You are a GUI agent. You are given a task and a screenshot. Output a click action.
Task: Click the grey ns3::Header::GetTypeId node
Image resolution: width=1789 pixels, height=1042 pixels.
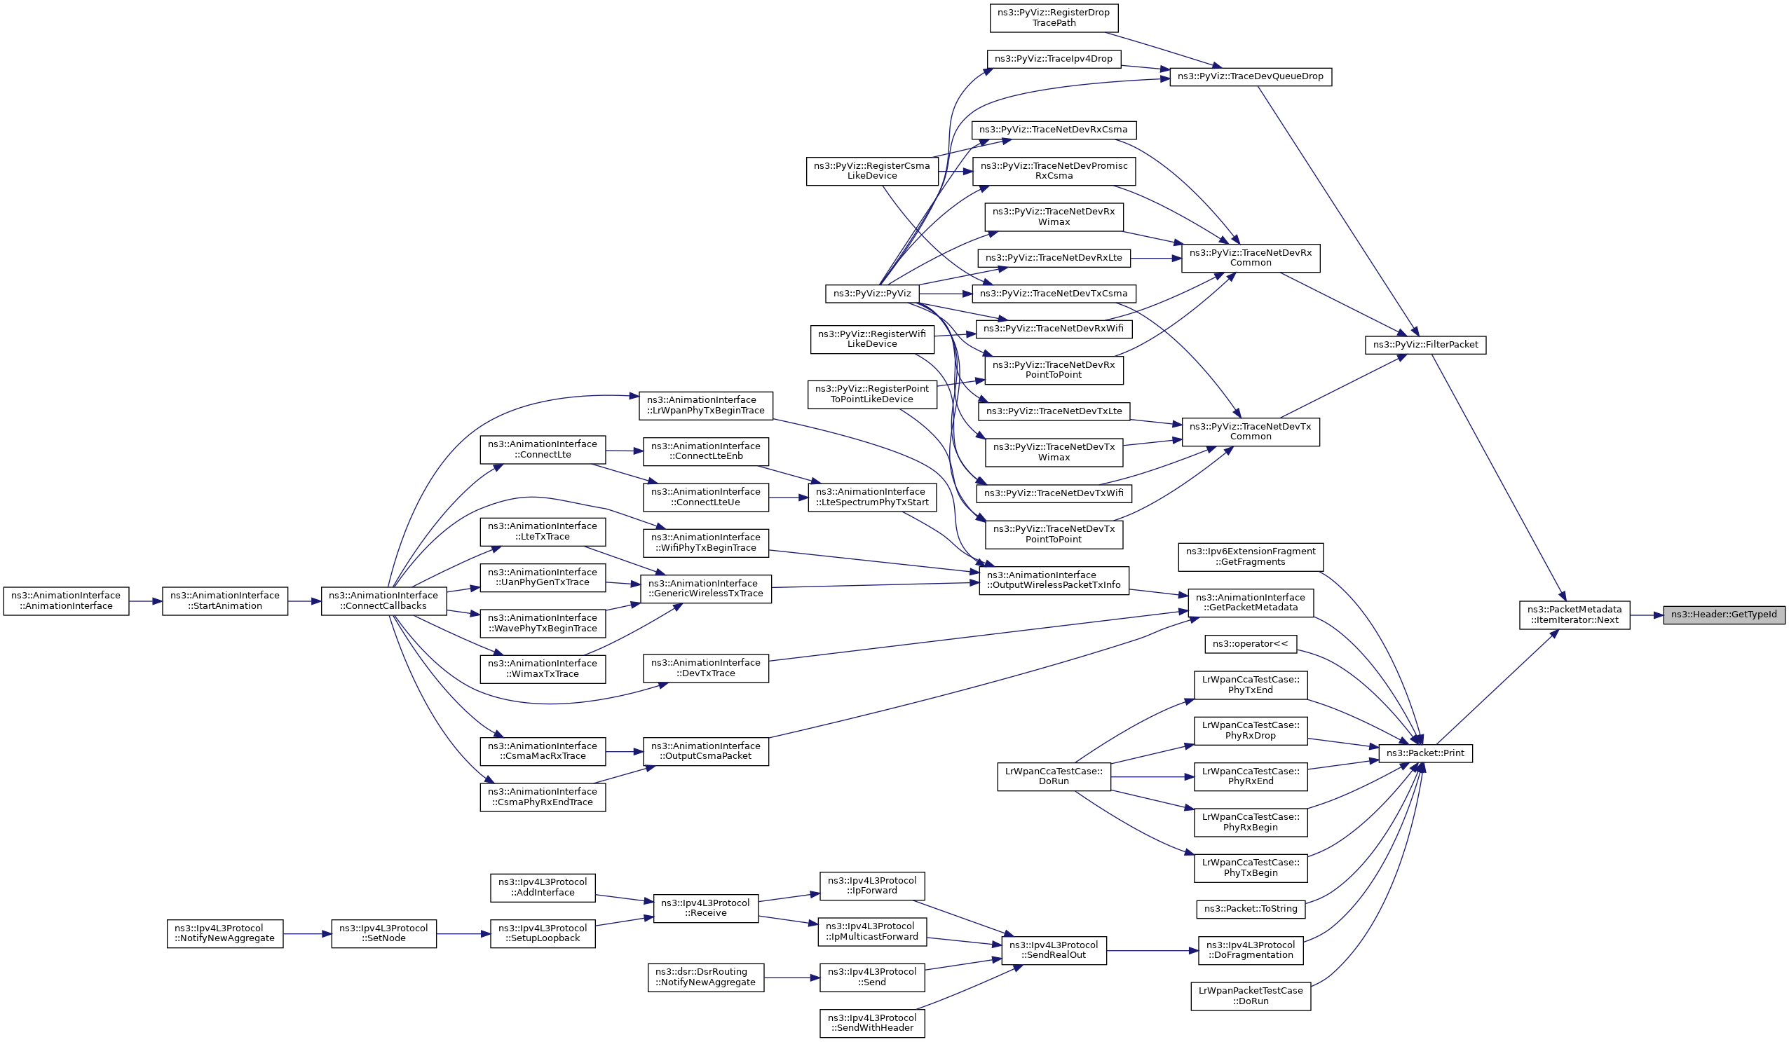[1724, 615]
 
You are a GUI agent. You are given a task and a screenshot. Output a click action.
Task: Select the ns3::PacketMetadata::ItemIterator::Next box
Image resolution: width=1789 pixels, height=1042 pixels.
[1574, 615]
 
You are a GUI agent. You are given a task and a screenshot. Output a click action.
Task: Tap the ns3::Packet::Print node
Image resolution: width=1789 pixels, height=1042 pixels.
[1425, 753]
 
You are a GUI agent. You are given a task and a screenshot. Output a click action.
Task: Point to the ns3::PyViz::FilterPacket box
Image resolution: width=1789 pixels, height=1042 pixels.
[1425, 345]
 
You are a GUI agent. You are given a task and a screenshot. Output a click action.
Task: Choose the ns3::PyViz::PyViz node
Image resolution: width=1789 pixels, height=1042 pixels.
[873, 294]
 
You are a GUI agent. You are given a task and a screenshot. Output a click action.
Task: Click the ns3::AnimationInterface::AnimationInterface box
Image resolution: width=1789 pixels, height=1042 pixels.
[66, 601]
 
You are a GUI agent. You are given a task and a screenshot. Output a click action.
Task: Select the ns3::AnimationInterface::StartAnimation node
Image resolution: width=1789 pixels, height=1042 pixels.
[225, 601]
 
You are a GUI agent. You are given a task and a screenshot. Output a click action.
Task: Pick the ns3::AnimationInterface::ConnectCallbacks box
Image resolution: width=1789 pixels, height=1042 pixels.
[384, 601]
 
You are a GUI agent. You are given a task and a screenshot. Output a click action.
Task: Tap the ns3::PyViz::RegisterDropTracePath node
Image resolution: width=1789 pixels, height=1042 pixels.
[1054, 18]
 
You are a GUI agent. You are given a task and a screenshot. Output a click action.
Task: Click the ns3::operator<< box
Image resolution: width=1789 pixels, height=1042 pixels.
[1251, 645]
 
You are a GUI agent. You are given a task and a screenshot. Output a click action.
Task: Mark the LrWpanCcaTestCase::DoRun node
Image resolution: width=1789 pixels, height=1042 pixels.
[1054, 776]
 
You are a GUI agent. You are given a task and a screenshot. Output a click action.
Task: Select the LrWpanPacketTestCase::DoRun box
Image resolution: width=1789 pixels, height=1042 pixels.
[1251, 996]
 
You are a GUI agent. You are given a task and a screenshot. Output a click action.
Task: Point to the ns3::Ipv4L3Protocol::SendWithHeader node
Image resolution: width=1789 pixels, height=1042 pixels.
[873, 1024]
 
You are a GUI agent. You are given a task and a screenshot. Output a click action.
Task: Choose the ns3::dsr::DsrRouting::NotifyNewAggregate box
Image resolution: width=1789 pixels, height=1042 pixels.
[707, 978]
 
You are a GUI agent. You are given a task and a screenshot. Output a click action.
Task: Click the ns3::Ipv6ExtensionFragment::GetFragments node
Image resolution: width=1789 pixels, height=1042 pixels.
[1251, 557]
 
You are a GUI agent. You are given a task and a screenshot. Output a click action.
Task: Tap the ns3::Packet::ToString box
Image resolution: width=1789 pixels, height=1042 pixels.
[1251, 910]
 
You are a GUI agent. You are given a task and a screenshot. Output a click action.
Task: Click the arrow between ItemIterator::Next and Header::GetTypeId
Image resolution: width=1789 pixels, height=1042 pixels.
[1646, 615]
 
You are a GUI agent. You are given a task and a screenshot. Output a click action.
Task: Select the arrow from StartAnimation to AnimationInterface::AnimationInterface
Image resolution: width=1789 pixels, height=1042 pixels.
[146, 601]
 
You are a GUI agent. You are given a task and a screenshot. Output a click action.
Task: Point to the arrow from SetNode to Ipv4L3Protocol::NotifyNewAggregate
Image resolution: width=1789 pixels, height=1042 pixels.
[307, 934]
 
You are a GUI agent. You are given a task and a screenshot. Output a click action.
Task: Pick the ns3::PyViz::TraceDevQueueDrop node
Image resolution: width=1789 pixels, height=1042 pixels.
[1251, 76]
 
